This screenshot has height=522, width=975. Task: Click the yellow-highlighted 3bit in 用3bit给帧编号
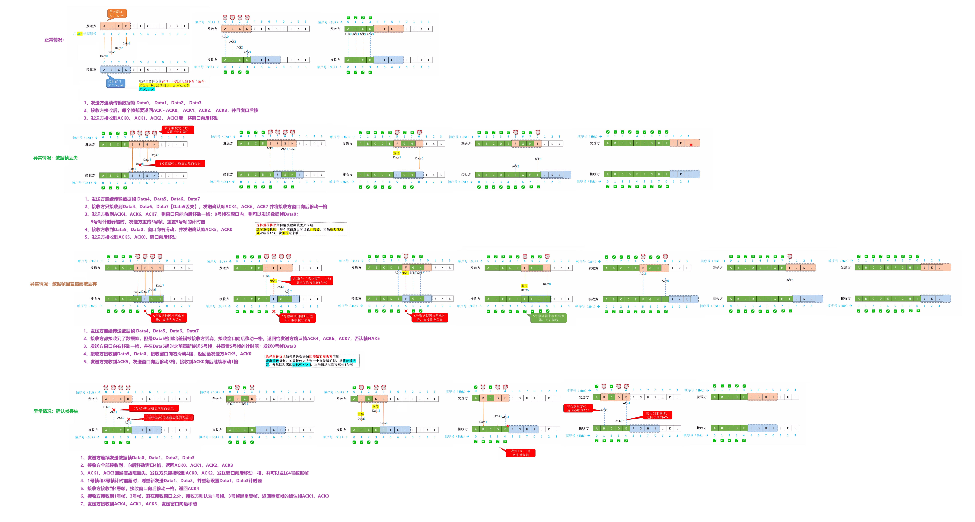click(80, 34)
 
